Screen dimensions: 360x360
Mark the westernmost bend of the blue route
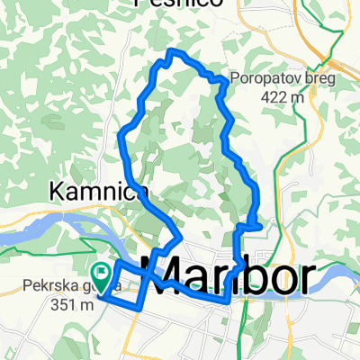121,136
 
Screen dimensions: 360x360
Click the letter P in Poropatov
234,78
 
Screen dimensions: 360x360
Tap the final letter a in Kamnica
139,193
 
